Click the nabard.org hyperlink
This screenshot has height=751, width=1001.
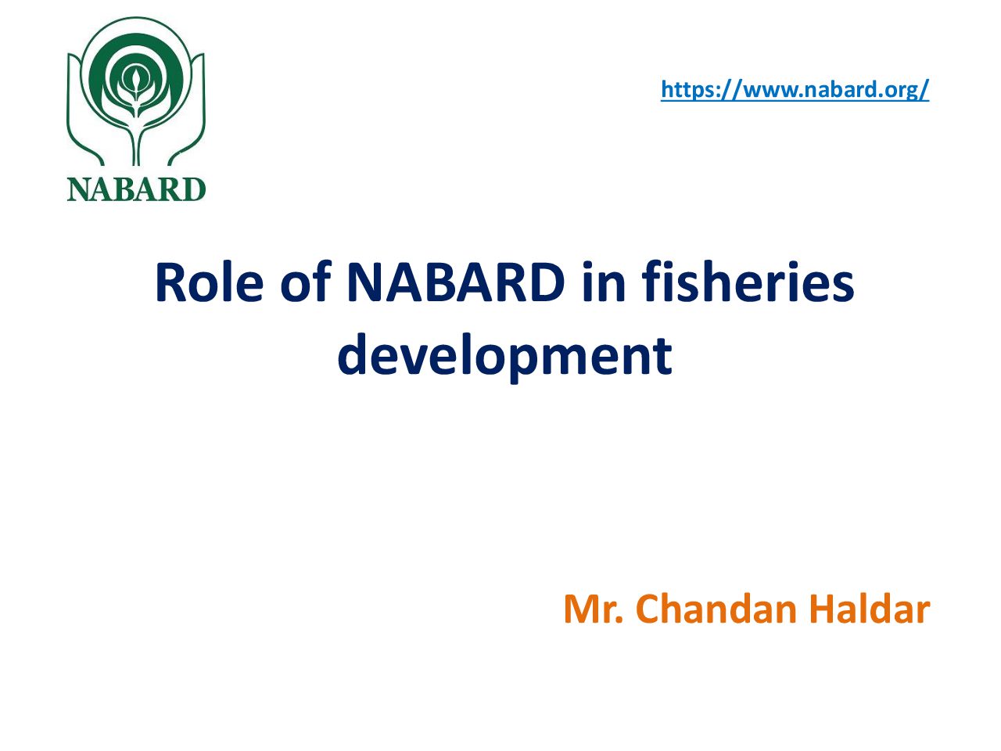coord(795,89)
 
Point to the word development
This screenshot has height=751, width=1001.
coord(505,357)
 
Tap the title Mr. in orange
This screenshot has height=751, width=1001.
coord(594,609)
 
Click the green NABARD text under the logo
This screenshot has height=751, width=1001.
coord(136,189)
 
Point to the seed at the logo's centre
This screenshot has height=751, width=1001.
coord(135,79)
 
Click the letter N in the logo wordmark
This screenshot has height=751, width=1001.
coord(78,189)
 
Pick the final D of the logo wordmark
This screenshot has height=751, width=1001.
coord(194,189)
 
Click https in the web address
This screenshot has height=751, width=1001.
coord(689,90)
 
